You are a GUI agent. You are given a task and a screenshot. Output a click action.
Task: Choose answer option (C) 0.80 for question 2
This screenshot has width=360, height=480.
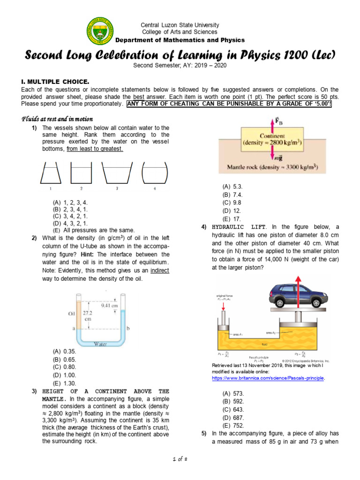tap(64, 367)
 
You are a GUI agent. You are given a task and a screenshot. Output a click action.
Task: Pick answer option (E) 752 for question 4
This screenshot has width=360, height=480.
tap(233, 425)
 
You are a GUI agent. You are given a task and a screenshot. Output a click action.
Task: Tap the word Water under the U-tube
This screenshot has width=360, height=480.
tap(101, 344)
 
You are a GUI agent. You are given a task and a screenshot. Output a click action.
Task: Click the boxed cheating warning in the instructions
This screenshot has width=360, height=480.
tap(229, 104)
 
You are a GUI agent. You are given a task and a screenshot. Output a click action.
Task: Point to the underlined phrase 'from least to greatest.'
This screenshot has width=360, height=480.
tap(95, 149)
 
